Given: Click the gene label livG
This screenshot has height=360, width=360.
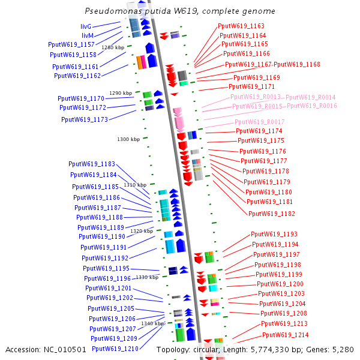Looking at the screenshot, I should coord(86,27).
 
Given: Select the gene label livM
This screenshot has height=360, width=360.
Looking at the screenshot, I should coord(88,35).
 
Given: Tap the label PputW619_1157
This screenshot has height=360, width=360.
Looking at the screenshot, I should coord(71,45).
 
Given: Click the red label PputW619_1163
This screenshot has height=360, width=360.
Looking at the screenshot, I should coord(241,26).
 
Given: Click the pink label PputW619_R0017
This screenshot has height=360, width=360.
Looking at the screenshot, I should coord(259,122).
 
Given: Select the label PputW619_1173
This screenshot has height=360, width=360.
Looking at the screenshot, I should coord(85,119).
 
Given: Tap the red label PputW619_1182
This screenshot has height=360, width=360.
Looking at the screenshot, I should coord(272,214).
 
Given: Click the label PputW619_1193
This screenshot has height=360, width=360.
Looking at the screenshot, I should coord(274,234).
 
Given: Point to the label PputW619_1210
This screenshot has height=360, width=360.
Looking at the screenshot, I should coord(115,349).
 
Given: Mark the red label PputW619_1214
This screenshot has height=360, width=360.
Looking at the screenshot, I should coord(285,335).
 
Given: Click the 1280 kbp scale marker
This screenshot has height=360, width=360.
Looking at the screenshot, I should coord(113,47).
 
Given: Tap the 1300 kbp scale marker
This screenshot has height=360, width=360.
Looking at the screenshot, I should coord(128,139).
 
